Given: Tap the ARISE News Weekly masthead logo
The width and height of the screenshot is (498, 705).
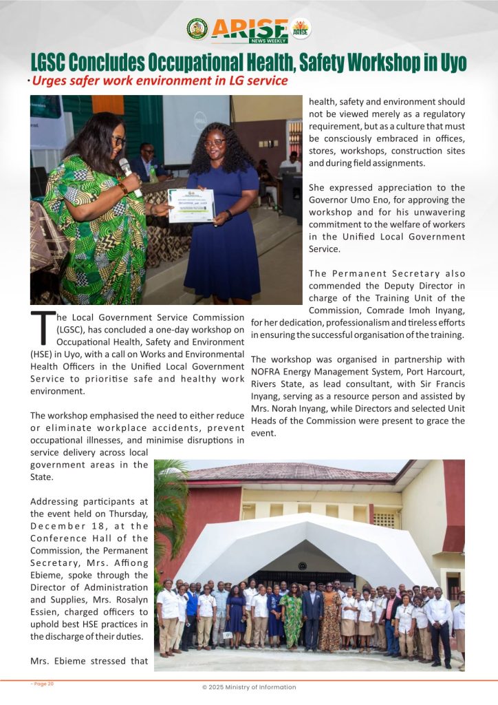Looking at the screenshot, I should coord(249,29).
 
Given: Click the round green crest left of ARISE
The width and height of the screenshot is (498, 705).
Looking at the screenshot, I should coord(197,29).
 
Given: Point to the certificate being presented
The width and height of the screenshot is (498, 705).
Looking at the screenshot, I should coord(191,205).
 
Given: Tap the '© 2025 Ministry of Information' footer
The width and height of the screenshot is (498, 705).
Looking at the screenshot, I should coord(249,687).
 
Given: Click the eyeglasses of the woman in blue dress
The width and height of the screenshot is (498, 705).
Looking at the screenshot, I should coord(215,143).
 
